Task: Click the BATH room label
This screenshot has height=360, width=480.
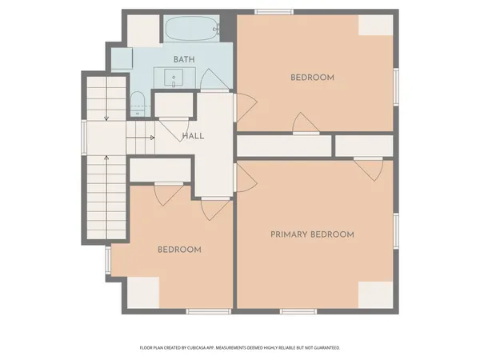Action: click(185, 60)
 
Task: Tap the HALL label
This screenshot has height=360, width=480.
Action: click(193, 136)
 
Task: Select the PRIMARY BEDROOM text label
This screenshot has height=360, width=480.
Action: click(312, 234)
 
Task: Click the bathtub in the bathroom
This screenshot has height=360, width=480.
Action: click(192, 31)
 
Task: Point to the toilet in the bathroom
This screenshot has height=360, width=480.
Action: click(137, 102)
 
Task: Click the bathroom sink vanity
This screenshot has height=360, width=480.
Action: click(175, 78)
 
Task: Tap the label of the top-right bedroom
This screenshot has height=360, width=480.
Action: click(312, 78)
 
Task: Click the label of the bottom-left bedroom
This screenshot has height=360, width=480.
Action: click(179, 250)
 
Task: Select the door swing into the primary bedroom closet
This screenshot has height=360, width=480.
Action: click(368, 169)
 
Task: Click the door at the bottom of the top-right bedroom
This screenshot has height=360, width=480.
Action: click(306, 123)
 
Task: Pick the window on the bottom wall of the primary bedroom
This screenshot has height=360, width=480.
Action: click(298, 310)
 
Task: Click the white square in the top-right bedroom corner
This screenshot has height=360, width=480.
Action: click(375, 25)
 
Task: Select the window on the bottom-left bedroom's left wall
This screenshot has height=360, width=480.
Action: click(109, 260)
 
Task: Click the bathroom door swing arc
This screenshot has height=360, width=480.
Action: click(210, 80)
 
